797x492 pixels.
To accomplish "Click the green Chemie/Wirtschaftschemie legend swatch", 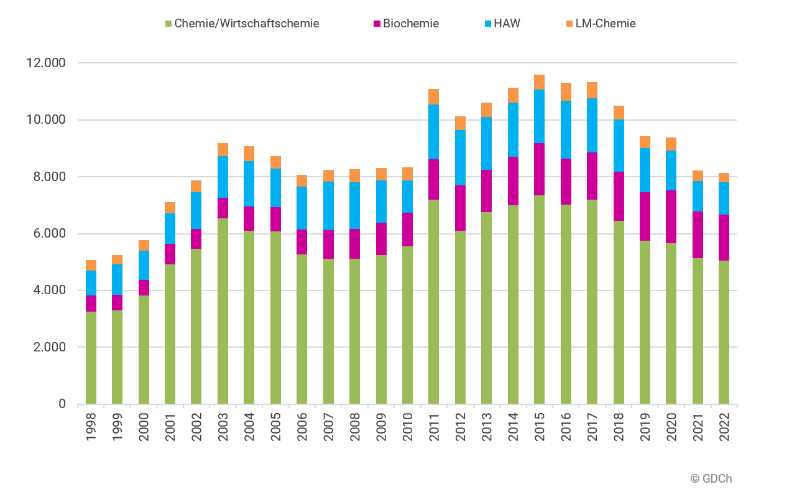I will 168,24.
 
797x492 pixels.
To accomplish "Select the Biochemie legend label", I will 411,24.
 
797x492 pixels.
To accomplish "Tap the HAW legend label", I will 507,24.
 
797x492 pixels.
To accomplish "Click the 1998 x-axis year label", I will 91,427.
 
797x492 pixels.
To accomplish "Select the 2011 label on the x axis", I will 434,427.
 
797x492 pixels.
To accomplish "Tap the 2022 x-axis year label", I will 724,427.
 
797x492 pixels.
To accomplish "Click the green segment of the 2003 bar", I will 223,311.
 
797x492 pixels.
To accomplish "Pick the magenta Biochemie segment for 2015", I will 539,169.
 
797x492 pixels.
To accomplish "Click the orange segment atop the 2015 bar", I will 539,82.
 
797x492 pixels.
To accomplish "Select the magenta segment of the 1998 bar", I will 91,304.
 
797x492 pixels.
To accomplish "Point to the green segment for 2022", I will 724,332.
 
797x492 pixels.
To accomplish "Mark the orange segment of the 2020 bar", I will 671,144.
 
